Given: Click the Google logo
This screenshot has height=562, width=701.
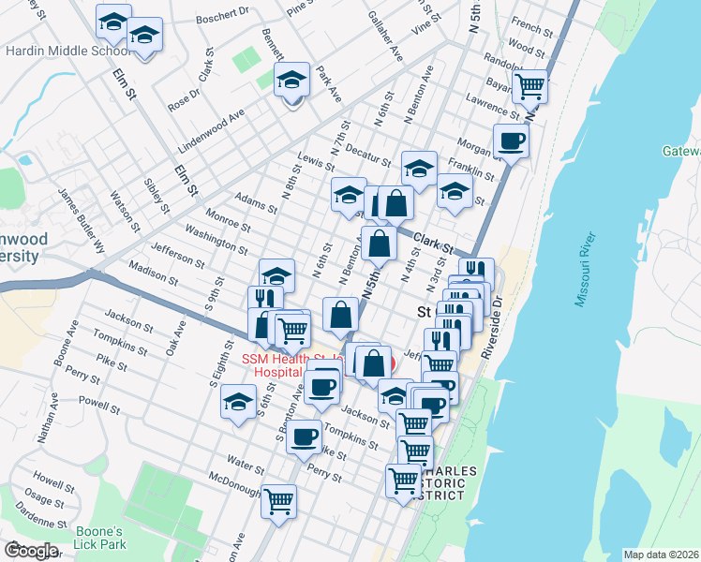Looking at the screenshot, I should [31, 551].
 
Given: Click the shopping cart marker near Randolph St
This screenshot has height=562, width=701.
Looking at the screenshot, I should [531, 86].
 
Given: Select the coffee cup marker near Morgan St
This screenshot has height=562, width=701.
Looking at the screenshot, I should [512, 141].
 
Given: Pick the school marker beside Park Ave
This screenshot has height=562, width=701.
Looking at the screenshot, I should [292, 80].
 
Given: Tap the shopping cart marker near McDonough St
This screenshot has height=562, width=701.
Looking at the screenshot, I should [278, 499].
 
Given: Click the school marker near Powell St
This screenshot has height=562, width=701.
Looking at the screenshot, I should [239, 403].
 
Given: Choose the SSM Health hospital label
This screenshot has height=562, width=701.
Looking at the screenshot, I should [291, 364].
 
